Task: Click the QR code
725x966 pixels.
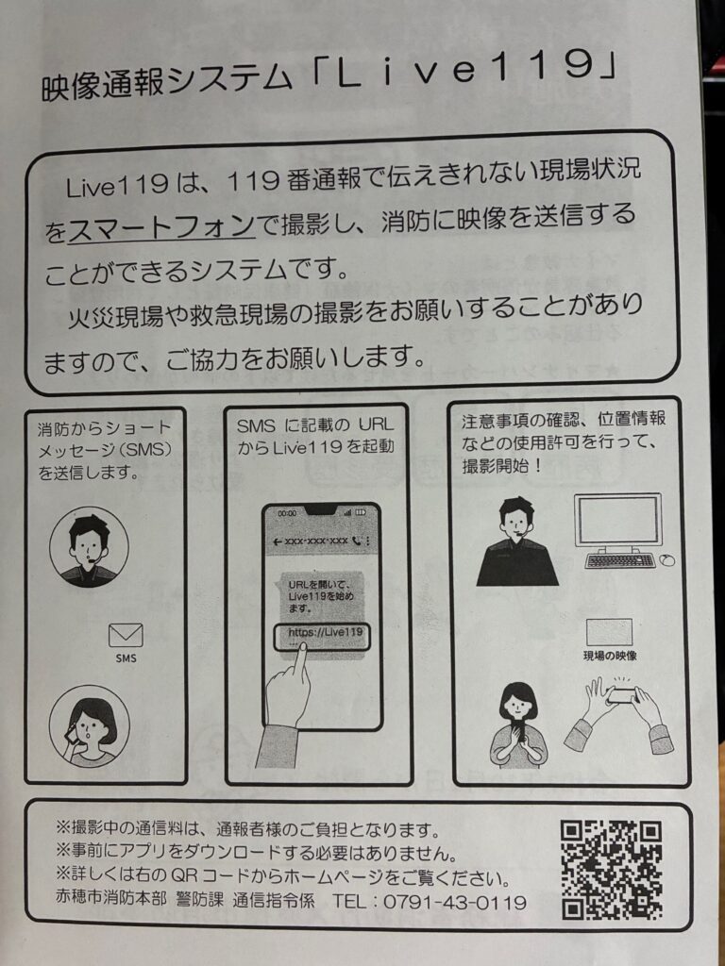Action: pyautogui.click(x=611, y=870)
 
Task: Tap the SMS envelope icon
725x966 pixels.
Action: pyautogui.click(x=126, y=635)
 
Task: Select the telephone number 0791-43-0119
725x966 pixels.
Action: pyautogui.click(x=455, y=903)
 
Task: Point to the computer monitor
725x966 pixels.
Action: pyautogui.click(x=617, y=521)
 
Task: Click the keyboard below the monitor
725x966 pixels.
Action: pyautogui.click(x=619, y=560)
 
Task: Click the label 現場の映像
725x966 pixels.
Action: pyautogui.click(x=610, y=656)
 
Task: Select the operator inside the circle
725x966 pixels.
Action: pyautogui.click(x=89, y=547)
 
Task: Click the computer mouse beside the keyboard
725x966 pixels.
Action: pyautogui.click(x=667, y=560)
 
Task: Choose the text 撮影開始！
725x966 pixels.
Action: pyautogui.click(x=502, y=466)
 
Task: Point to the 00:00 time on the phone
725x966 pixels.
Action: pyautogui.click(x=287, y=513)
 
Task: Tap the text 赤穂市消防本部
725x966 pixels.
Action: pyautogui.click(x=111, y=900)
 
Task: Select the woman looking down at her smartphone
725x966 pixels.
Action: pyautogui.click(x=518, y=724)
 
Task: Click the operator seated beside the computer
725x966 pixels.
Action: pyautogui.click(x=517, y=542)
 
